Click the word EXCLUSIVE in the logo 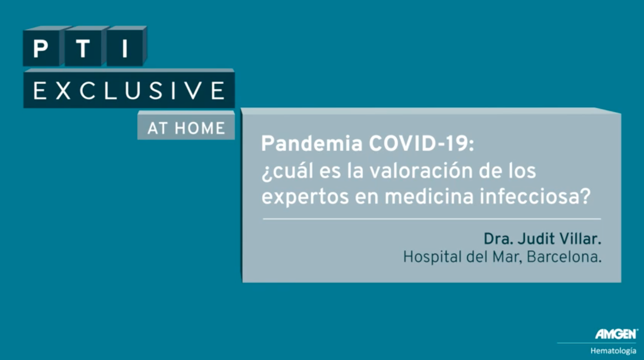(x=129, y=90)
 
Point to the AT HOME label (x=186, y=128)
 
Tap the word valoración (x=421, y=171)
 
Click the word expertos (x=305, y=197)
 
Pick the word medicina (x=429, y=197)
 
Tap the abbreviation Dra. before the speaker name (x=499, y=239)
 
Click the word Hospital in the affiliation (x=432, y=257)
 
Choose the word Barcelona (x=564, y=257)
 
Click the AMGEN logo (x=616, y=334)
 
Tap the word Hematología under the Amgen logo (x=613, y=351)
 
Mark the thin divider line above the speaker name (x=432, y=219)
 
